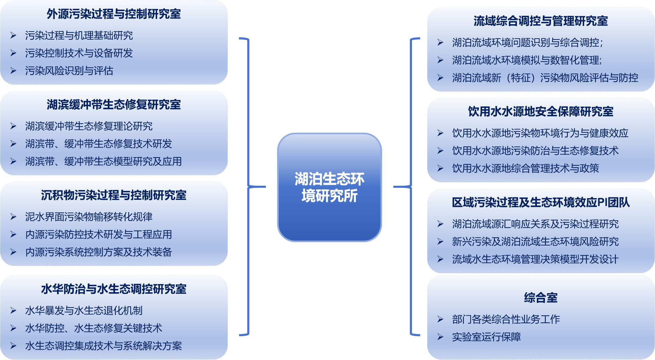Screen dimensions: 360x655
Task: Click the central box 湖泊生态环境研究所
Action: tap(329, 187)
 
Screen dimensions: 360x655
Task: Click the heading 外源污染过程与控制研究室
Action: tap(114, 14)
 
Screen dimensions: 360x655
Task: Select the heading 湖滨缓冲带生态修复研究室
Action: tap(114, 105)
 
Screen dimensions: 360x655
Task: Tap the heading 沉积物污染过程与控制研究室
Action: tap(114, 195)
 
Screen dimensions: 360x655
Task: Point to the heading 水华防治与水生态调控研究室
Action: tap(114, 289)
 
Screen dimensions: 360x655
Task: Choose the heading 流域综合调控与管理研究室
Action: tap(541, 21)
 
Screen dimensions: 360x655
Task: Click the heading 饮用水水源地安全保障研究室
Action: tap(541, 111)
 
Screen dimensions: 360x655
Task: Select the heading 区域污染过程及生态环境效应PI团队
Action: tap(541, 203)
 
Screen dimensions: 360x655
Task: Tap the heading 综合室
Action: tap(541, 298)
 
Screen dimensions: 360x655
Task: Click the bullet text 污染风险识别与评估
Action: tap(69, 71)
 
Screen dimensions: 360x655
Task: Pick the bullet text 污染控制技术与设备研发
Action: tap(79, 53)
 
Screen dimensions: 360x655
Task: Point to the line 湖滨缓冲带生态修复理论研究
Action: tap(89, 126)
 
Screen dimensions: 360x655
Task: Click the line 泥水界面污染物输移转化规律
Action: tap(89, 217)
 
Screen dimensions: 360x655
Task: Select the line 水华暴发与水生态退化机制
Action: tap(84, 311)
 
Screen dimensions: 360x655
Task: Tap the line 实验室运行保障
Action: tap(486, 337)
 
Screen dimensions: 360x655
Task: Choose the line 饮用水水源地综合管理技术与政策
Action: tap(525, 168)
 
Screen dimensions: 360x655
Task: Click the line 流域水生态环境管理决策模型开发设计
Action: tap(535, 259)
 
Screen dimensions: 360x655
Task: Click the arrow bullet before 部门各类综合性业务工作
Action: tap(440, 319)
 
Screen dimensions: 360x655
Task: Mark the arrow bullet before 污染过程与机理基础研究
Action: tap(13, 36)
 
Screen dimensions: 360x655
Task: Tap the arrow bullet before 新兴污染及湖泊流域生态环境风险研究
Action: tap(440, 242)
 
